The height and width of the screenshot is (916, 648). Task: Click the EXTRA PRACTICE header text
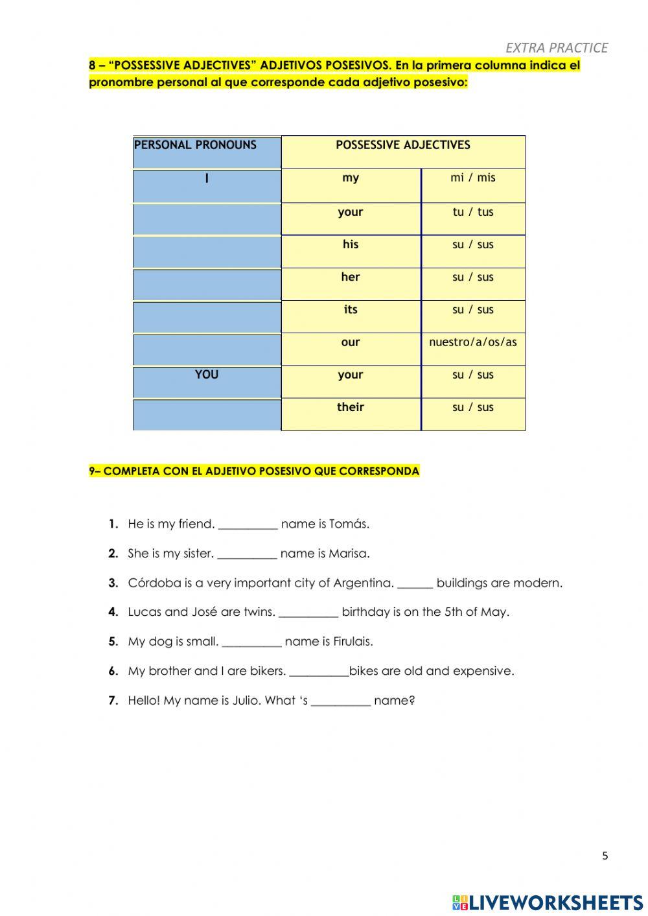556,47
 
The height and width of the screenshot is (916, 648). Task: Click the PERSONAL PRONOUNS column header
195,145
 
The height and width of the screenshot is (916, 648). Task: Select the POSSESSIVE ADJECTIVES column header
402,145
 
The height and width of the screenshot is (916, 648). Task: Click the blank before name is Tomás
248,525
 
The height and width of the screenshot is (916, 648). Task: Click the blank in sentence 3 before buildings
415,584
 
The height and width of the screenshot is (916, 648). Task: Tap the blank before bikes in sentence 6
319,672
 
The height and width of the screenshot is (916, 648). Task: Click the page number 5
605,856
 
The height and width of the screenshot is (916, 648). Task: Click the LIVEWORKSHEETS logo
548,902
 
